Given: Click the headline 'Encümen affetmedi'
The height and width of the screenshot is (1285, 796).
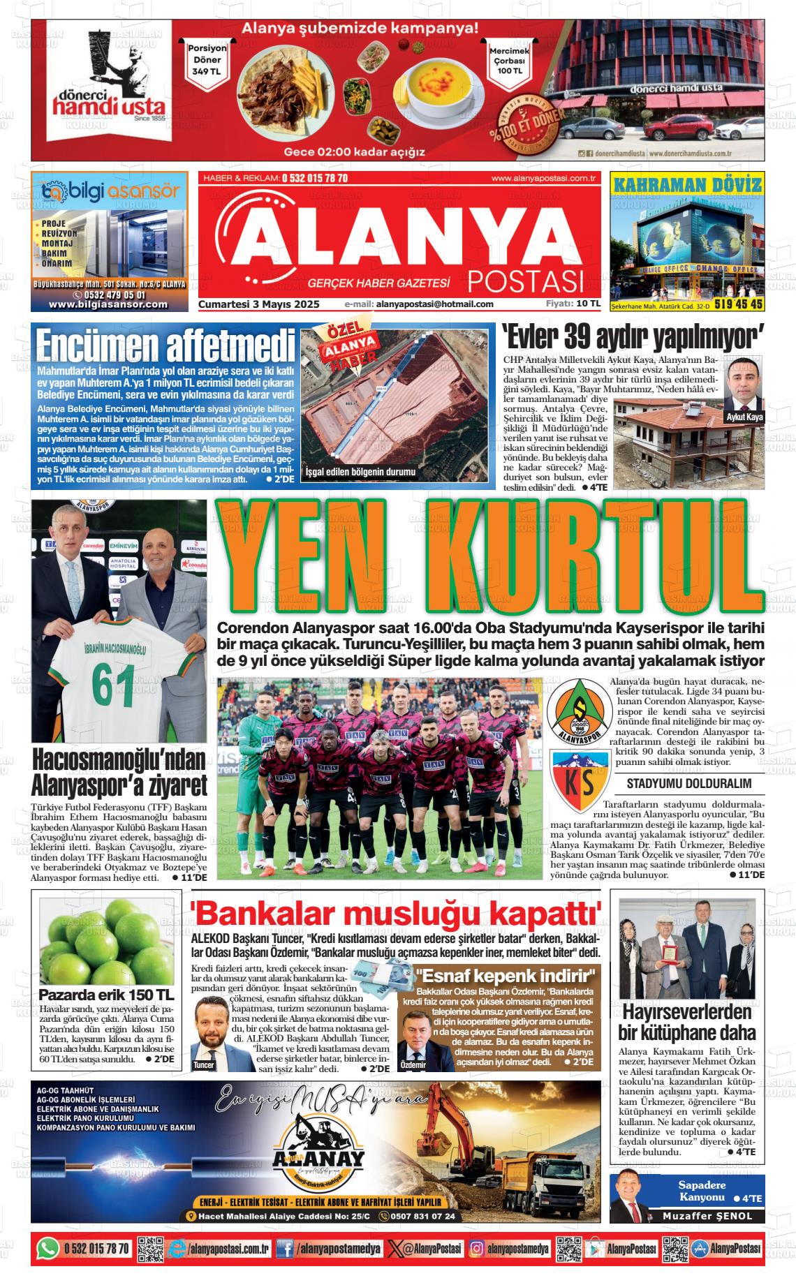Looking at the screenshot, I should click(165, 345).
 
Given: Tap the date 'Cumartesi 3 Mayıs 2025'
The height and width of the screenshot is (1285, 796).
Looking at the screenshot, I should click(258, 304).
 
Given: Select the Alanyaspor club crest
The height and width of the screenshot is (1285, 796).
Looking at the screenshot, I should click(580, 710).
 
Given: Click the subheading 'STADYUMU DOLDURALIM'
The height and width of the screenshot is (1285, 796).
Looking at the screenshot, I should click(688, 783).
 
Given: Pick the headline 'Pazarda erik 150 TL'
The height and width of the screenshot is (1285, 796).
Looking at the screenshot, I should click(107, 994).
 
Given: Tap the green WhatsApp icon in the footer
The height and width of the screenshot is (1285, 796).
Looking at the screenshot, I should click(48, 1248).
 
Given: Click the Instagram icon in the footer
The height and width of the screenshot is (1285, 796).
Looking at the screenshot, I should click(477, 1248).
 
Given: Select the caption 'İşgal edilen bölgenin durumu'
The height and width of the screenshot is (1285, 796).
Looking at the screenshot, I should click(361, 472).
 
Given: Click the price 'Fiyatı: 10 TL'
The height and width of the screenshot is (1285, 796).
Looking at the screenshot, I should click(573, 304).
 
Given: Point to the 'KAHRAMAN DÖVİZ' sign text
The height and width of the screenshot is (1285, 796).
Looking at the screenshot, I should click(686, 185).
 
